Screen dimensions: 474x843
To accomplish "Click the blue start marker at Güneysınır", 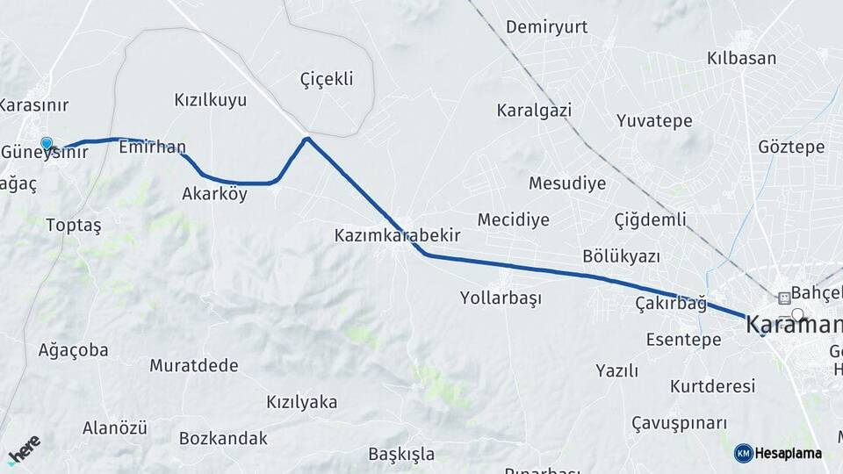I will [x=47, y=144].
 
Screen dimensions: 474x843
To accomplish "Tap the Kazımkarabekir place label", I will [x=397, y=236].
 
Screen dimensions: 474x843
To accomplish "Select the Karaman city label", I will [x=789, y=324].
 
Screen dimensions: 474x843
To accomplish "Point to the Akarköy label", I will [x=215, y=194].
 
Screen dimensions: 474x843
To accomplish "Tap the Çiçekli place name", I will [x=327, y=79].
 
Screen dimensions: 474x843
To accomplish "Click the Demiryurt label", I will [x=546, y=27].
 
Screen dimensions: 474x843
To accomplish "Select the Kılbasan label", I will [x=742, y=59].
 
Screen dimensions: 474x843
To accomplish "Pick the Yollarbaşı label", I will [x=501, y=298].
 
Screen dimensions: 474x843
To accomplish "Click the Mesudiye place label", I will [x=567, y=184].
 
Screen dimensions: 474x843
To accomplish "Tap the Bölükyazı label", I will [x=621, y=256].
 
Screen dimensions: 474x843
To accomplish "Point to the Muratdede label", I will [x=188, y=364].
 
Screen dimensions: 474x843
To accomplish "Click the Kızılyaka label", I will [x=302, y=402].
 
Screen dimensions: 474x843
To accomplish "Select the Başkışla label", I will [x=402, y=454].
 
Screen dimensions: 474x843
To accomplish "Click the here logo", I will [x=25, y=449].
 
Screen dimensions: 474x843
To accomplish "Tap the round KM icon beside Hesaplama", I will [x=743, y=453].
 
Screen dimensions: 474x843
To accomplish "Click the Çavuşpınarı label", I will [x=681, y=423].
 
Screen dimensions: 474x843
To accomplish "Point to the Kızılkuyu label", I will [x=211, y=100].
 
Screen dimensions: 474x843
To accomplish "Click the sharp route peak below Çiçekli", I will [x=306, y=139].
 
